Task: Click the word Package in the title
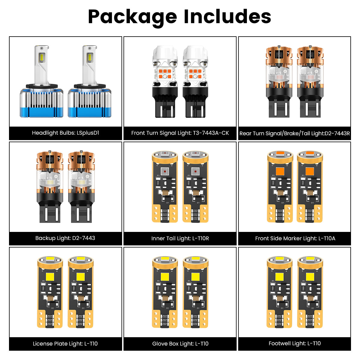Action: (132, 17)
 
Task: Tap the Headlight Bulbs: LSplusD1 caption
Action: (65, 133)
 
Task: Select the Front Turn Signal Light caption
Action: (180, 133)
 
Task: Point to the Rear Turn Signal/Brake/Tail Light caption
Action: (295, 133)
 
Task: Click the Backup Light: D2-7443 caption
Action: (65, 238)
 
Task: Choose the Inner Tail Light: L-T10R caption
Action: (180, 238)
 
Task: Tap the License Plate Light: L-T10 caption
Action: (65, 344)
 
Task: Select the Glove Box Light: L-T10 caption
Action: (180, 344)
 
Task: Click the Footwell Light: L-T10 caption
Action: (295, 343)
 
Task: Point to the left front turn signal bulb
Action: (165, 81)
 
